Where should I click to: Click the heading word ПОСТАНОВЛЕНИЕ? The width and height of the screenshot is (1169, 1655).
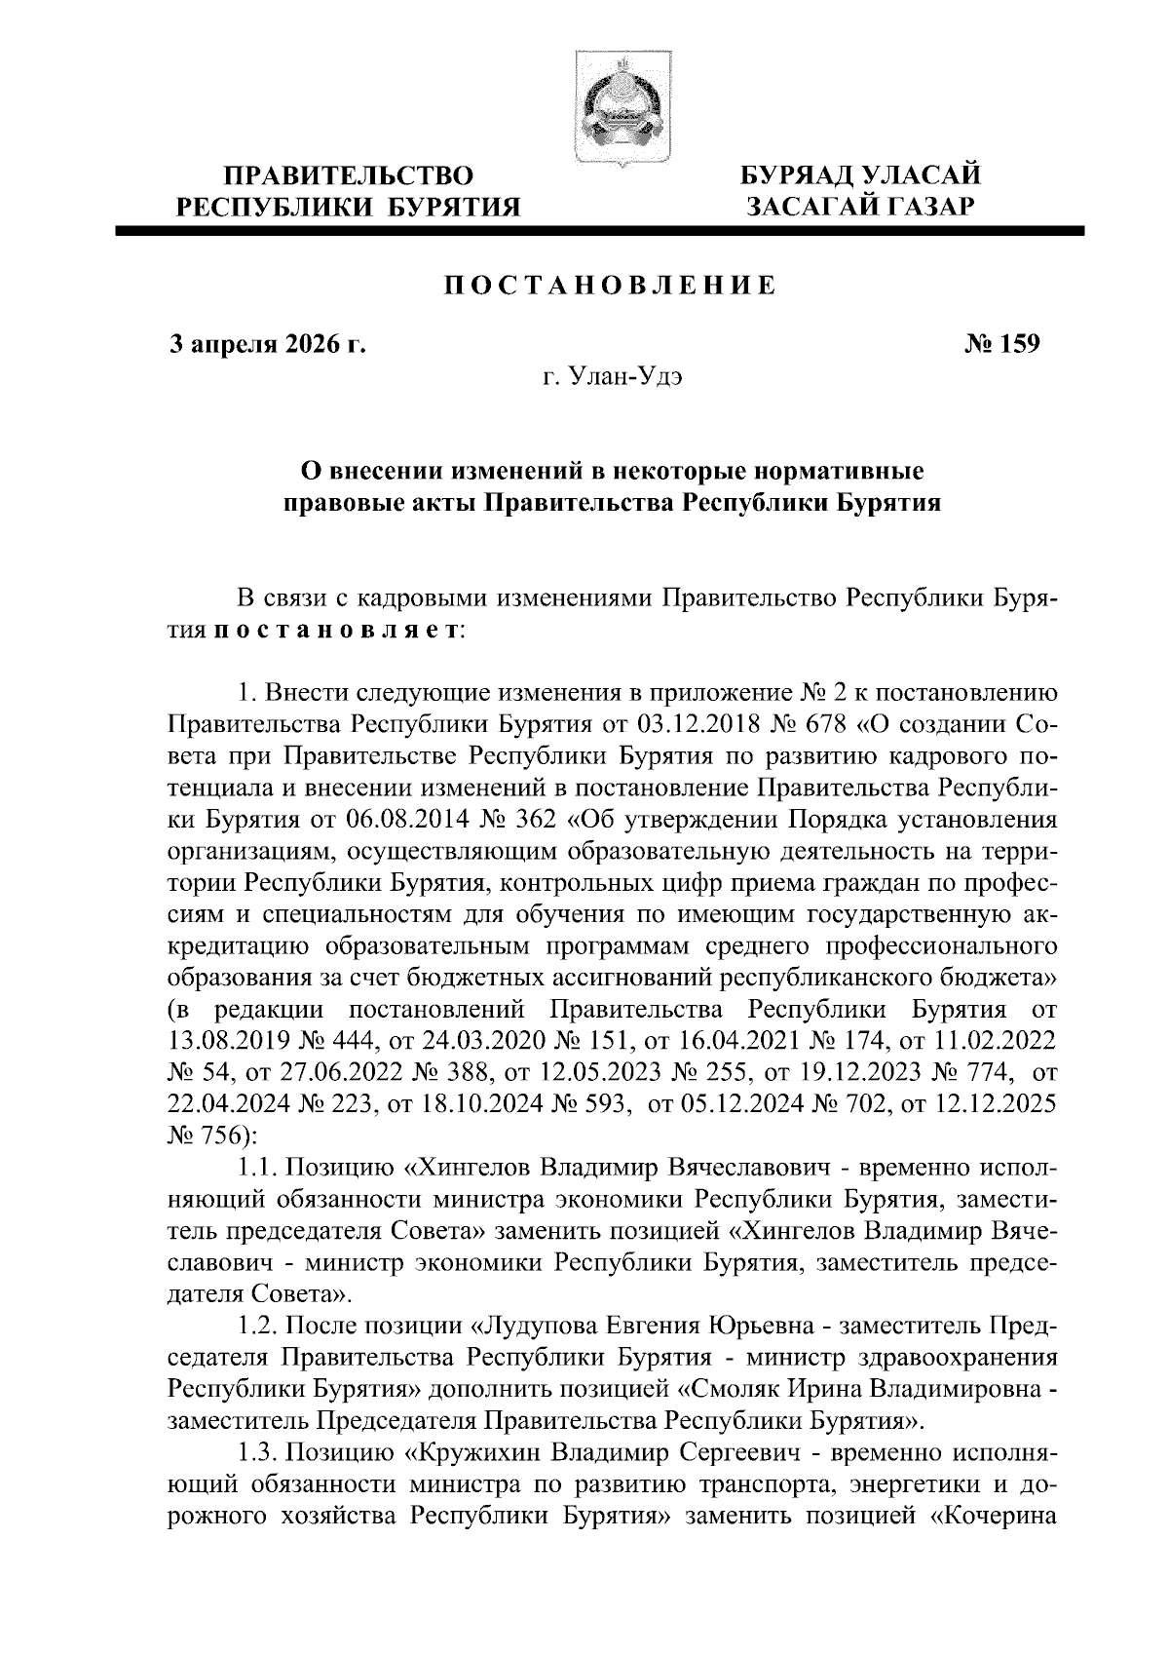611,286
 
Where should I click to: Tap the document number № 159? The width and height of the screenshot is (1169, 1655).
1002,344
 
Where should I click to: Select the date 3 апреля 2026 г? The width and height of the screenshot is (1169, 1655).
268,344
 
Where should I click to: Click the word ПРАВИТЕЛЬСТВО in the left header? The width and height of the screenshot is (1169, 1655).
350,176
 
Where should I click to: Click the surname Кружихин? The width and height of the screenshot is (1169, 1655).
474,1451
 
